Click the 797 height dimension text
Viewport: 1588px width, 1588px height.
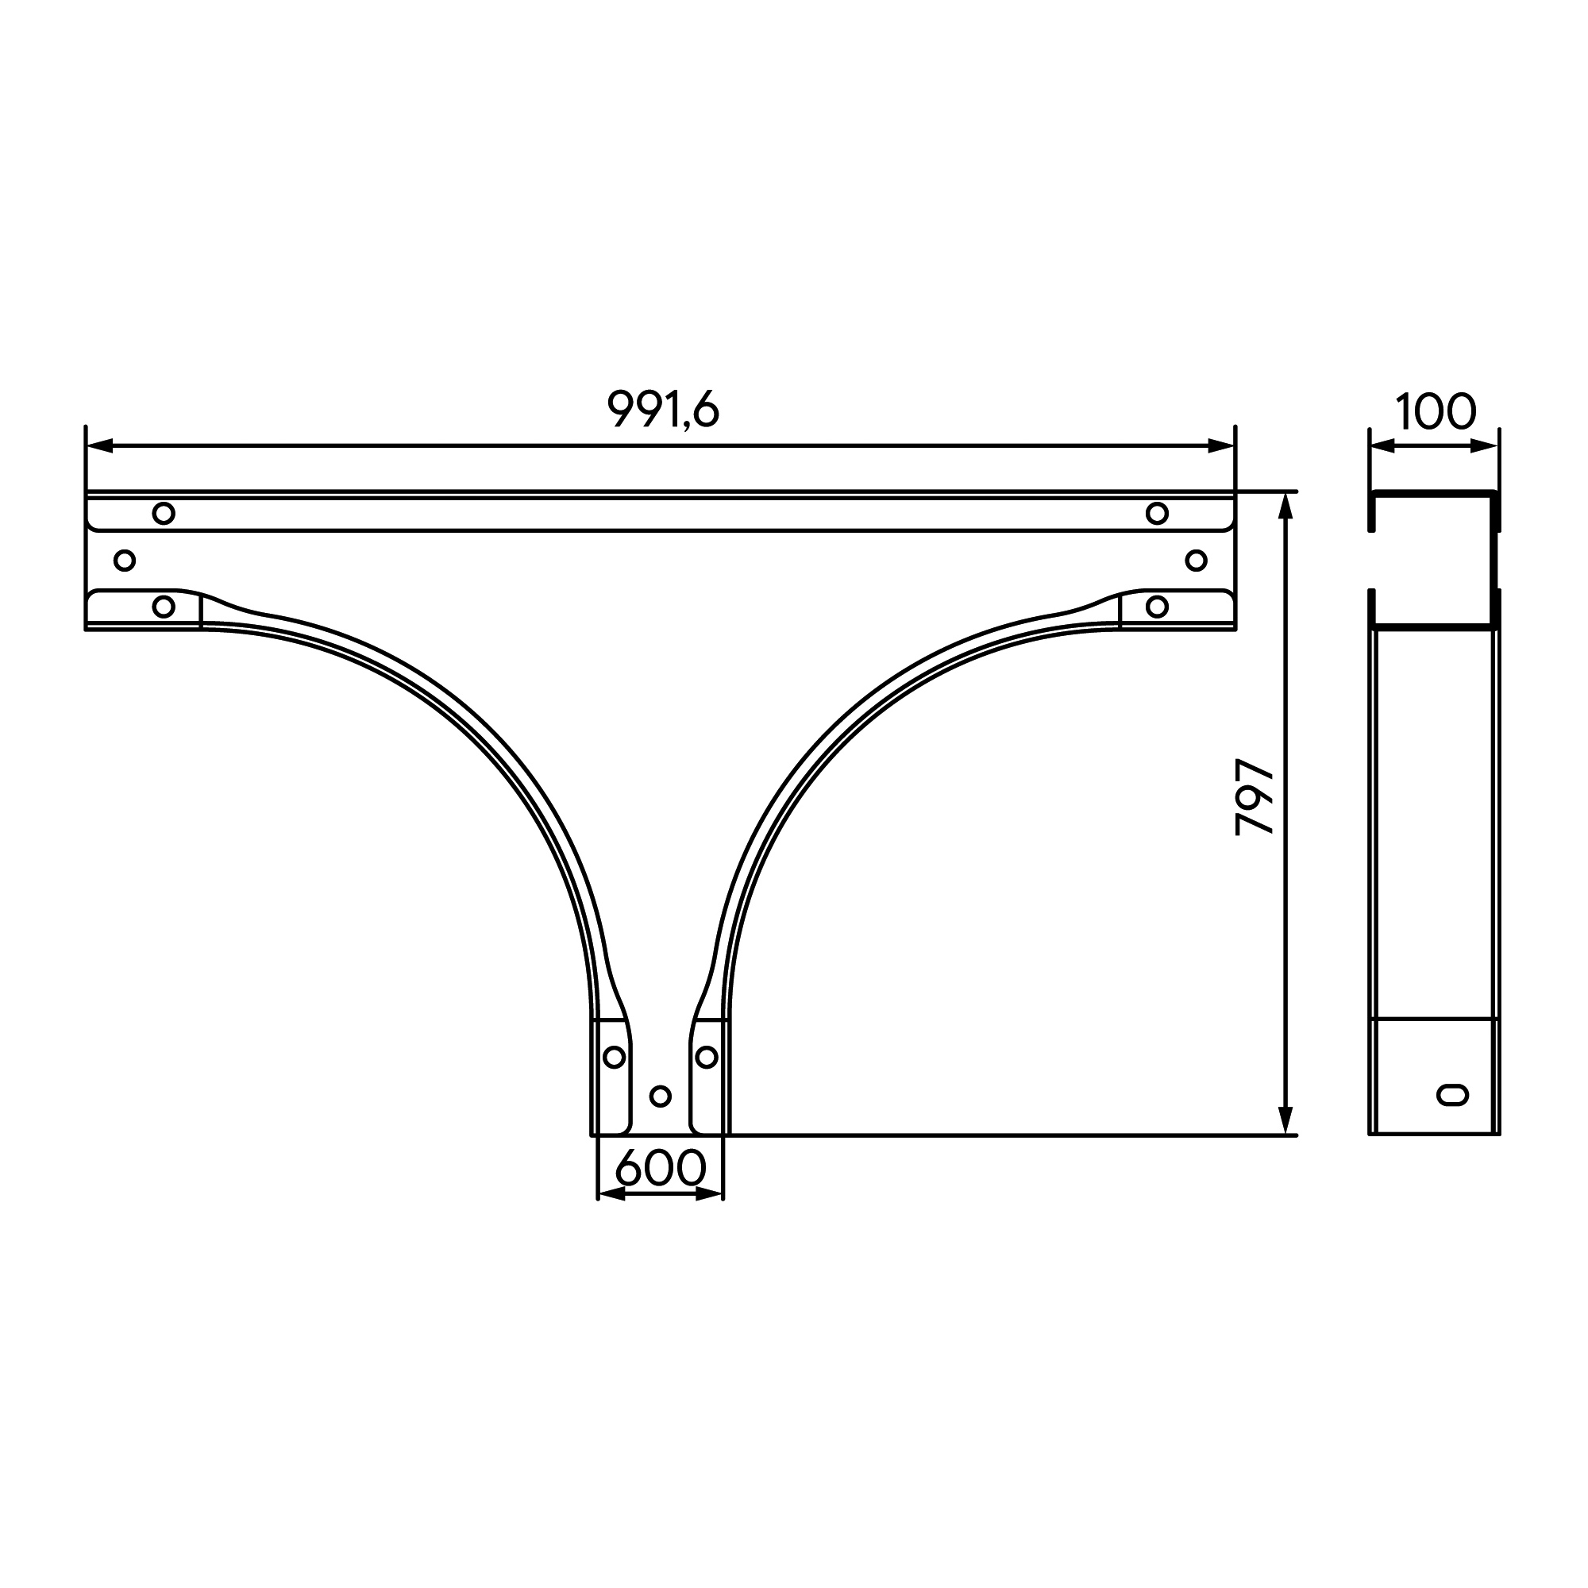click(1255, 797)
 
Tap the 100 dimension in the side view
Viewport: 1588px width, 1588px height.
click(1435, 412)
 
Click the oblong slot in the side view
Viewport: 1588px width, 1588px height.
click(1452, 1094)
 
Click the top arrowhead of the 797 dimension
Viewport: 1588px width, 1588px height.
click(1286, 507)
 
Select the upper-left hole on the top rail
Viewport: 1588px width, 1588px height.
click(164, 514)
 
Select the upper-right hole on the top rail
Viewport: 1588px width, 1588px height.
click(1157, 514)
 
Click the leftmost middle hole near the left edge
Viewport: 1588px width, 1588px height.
click(124, 561)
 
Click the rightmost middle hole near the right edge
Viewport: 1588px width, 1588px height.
click(1196, 561)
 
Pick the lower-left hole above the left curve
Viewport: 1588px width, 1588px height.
click(164, 607)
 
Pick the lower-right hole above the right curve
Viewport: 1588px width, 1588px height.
click(1157, 607)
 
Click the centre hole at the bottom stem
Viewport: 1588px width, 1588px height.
click(660, 1096)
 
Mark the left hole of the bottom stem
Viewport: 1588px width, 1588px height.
click(614, 1057)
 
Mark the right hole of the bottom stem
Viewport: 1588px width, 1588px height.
click(706, 1057)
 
